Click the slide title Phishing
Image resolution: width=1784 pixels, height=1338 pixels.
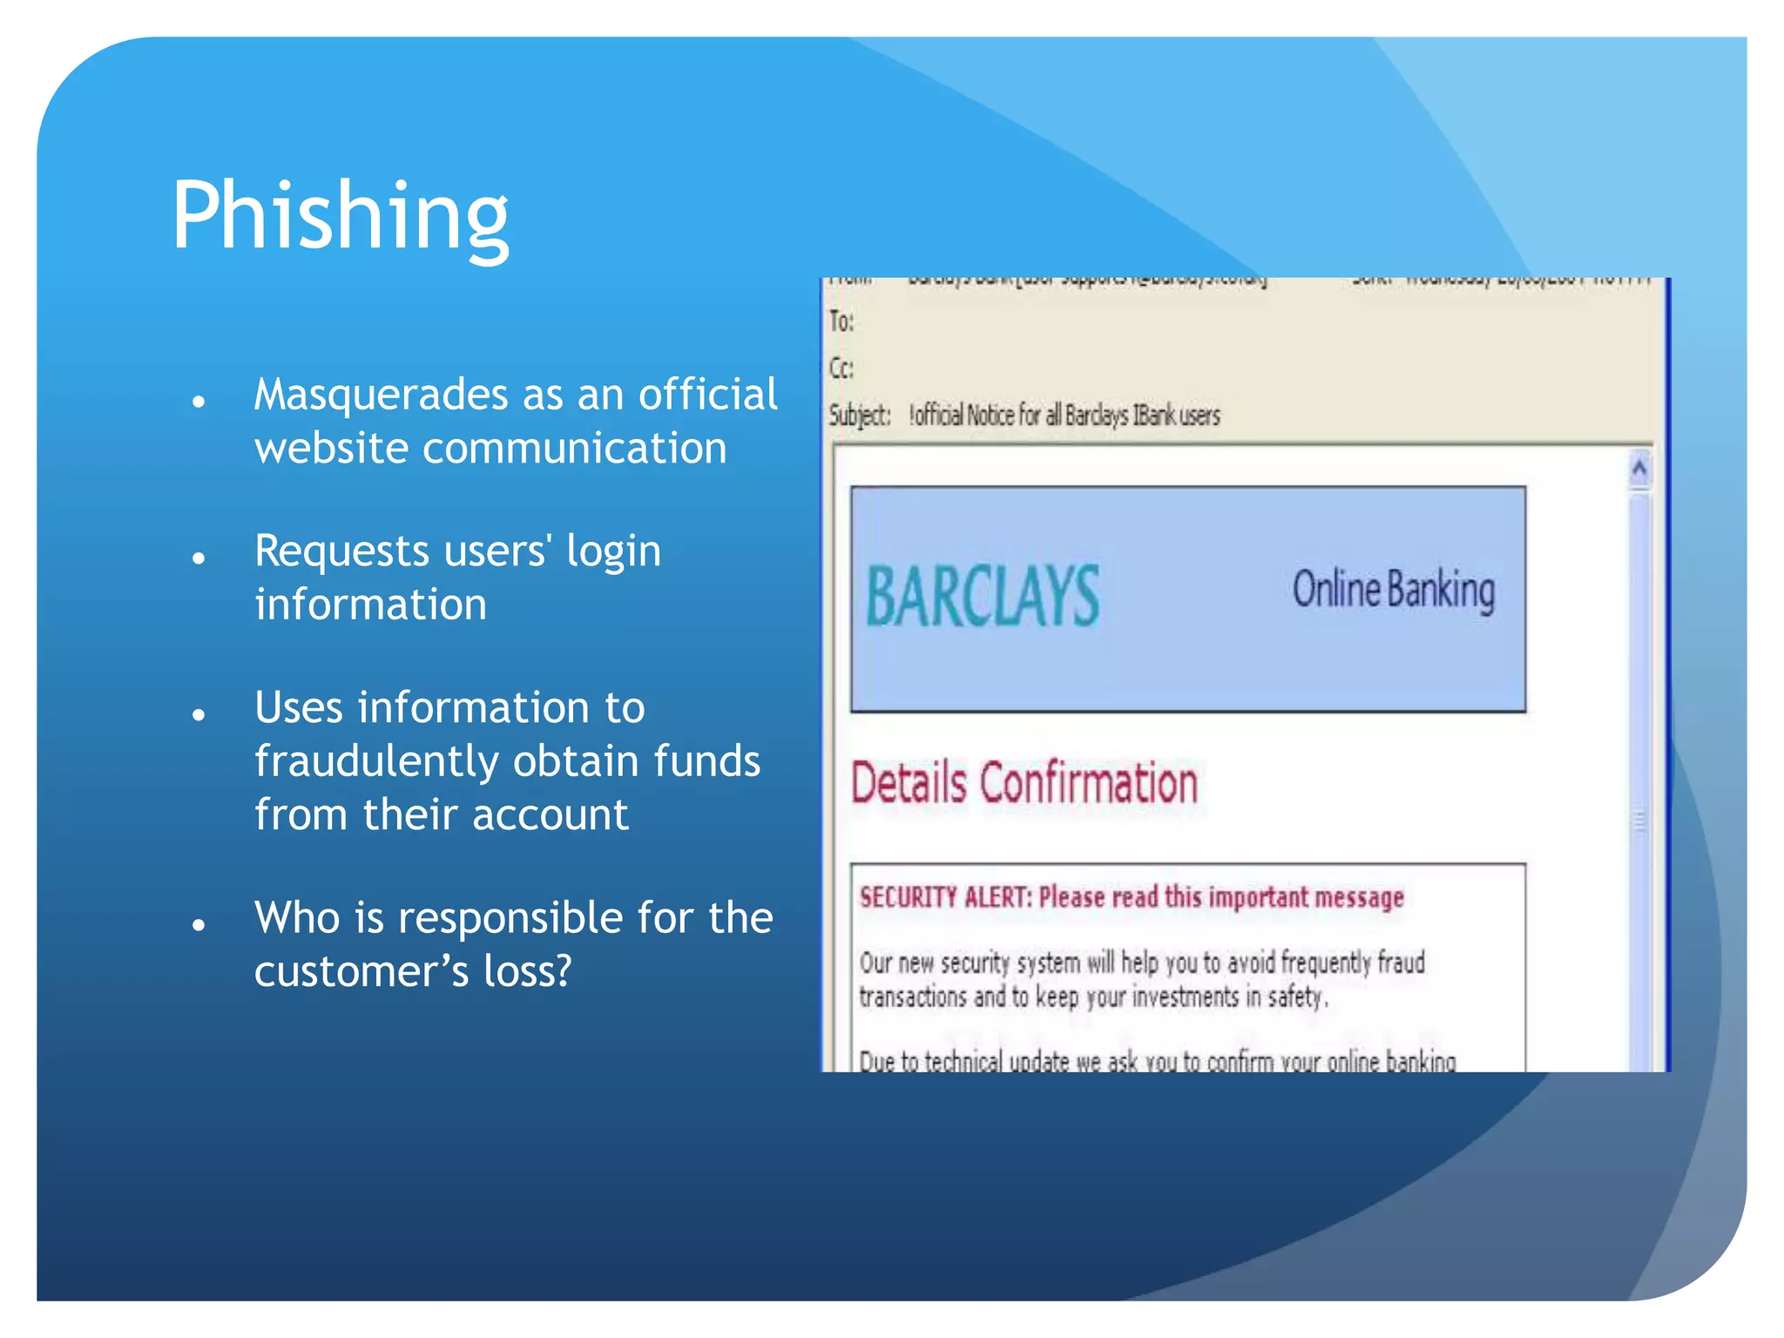(x=340, y=215)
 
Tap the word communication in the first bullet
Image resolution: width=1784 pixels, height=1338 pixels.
(x=575, y=449)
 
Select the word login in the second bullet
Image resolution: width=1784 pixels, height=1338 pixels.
(x=613, y=551)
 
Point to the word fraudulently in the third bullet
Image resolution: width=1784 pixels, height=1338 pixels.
(x=375, y=762)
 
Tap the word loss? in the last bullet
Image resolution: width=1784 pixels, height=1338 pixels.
(x=527, y=971)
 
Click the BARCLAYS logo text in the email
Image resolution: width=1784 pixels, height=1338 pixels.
(x=983, y=597)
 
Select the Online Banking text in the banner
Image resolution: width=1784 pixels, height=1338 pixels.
(x=1393, y=591)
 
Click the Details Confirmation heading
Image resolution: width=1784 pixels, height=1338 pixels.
(x=1024, y=783)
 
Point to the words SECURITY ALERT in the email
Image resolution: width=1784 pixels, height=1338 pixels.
(x=944, y=897)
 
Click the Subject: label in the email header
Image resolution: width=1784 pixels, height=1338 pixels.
(x=859, y=416)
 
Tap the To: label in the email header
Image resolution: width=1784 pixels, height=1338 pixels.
(x=841, y=322)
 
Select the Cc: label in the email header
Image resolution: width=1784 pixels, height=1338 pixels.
(x=841, y=368)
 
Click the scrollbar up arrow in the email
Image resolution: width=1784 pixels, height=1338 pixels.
(x=1639, y=470)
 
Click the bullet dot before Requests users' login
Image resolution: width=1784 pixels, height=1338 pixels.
(x=199, y=557)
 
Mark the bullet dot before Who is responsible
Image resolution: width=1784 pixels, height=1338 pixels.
(x=199, y=924)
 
